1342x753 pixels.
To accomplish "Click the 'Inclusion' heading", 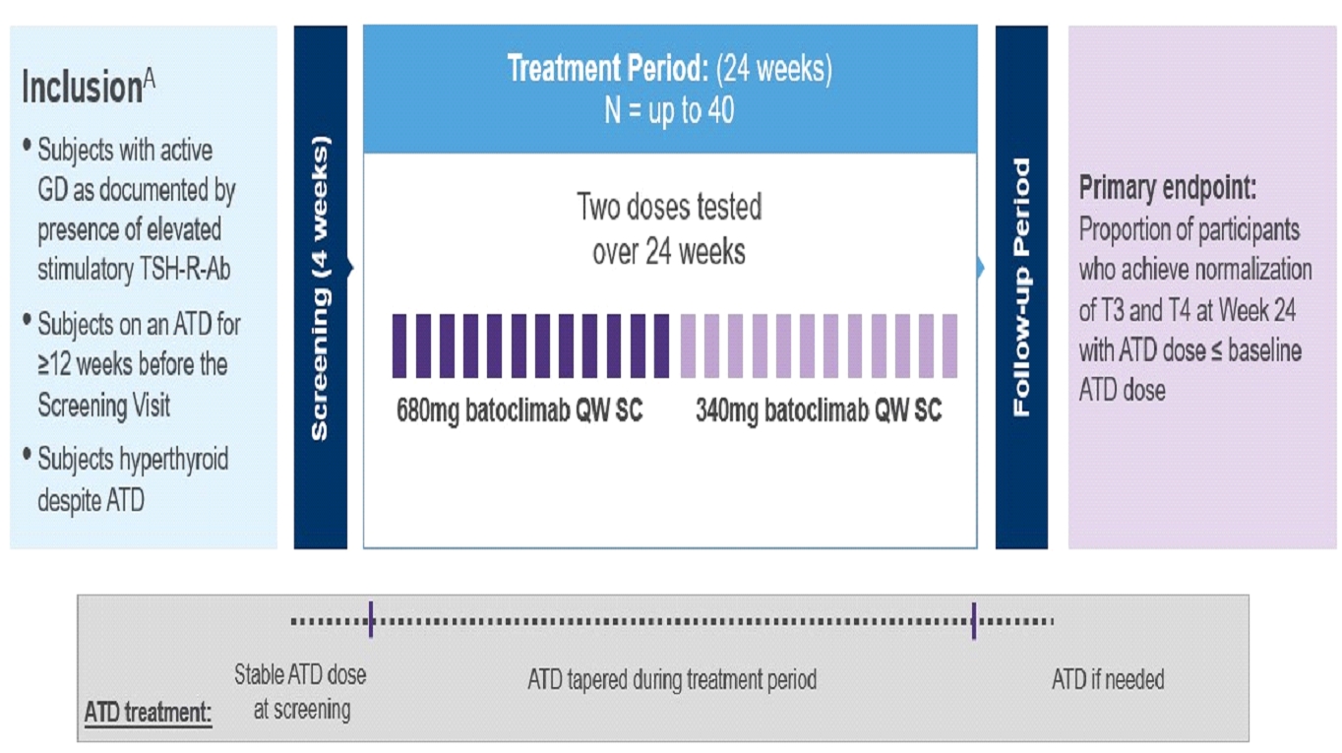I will (83, 89).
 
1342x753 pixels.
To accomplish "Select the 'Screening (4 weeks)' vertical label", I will (320, 287).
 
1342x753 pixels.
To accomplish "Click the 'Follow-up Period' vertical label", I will (1021, 287).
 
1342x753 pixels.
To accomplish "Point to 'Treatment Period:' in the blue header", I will (607, 70).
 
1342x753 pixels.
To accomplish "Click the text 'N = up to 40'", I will (669, 110).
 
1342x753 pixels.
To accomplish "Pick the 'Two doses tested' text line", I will (669, 208).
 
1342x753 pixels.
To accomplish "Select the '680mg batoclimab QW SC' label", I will (519, 410).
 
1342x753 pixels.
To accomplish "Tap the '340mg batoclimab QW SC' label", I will (819, 410).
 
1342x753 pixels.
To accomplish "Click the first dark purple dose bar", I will (399, 345).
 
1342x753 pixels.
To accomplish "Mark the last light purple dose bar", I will (950, 345).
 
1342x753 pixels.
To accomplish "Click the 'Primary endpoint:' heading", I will (1168, 189).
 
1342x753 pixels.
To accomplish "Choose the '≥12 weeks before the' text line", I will (133, 364).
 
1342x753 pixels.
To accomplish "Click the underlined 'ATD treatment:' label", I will (148, 712).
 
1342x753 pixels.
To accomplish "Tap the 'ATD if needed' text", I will (1108, 679).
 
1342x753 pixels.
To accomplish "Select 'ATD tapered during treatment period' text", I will (672, 679).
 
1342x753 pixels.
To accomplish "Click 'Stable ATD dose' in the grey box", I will (300, 675).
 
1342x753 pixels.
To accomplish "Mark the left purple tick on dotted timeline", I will (371, 620).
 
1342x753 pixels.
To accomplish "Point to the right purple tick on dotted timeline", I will (973, 620).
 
